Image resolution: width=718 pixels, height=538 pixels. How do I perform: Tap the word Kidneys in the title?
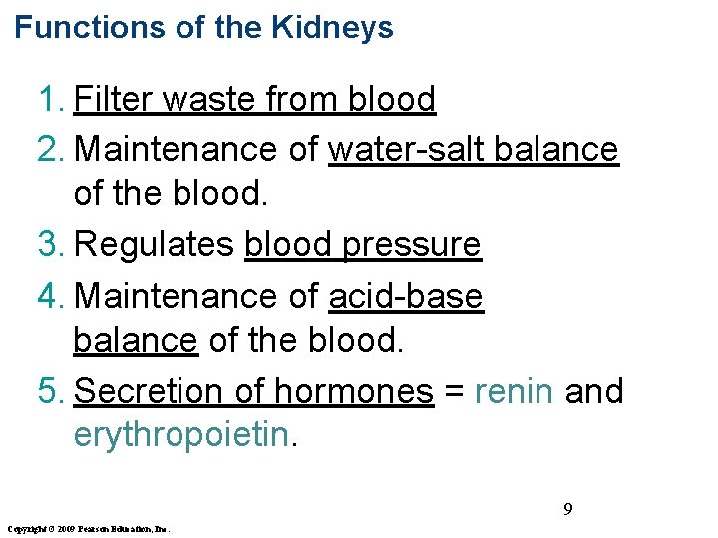pos(331,28)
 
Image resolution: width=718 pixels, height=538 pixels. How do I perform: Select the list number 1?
pos(50,100)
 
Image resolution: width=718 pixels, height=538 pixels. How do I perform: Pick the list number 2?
pos(50,149)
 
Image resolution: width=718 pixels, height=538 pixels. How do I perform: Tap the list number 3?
pos(50,245)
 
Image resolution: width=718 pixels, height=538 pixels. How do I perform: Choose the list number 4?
pos(50,295)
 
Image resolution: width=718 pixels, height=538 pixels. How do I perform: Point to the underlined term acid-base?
pos(406,295)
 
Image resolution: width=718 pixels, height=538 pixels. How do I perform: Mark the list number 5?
pos(50,391)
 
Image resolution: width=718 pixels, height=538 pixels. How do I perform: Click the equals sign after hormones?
pos(454,391)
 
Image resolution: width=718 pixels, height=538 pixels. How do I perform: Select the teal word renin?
pos(515,391)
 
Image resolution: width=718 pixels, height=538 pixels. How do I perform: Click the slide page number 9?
pos(567,510)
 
